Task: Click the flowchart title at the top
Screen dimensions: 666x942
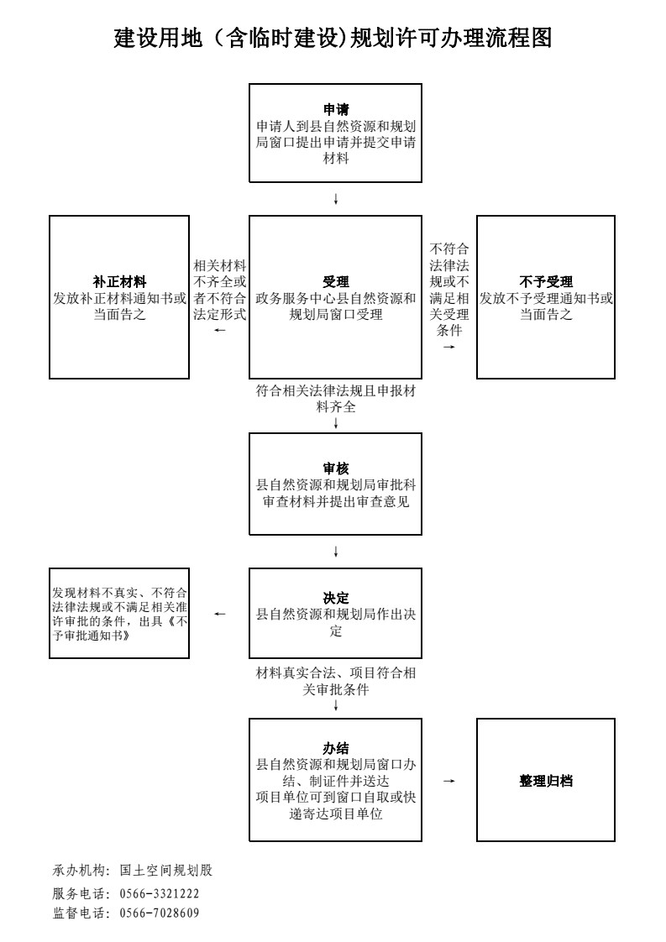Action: (x=333, y=38)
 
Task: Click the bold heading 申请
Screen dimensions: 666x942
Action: (x=335, y=109)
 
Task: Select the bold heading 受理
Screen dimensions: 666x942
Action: (x=335, y=282)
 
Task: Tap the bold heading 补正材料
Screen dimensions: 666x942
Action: (x=119, y=282)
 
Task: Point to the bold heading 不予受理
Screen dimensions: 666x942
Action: (x=546, y=282)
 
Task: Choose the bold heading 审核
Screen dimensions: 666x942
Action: (x=335, y=468)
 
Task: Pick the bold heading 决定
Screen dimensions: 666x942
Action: (x=335, y=599)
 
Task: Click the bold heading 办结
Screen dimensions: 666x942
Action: (x=335, y=749)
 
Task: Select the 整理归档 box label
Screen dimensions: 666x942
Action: (x=546, y=781)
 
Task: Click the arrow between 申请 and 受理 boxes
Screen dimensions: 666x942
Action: (x=335, y=199)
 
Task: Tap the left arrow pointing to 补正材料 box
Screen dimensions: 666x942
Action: (x=219, y=331)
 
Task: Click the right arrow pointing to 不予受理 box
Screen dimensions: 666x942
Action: (x=449, y=347)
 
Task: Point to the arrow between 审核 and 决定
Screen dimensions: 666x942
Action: (x=335, y=551)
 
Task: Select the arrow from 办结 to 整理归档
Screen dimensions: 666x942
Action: (x=449, y=781)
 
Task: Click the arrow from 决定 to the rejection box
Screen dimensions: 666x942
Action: (x=219, y=614)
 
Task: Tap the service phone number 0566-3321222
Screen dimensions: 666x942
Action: (x=160, y=893)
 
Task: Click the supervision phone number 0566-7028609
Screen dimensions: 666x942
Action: (x=160, y=913)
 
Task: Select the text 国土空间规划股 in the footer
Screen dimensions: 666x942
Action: (x=166, y=870)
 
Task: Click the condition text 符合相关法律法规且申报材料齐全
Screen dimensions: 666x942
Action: (x=335, y=399)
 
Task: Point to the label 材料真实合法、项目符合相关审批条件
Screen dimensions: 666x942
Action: (x=335, y=681)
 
